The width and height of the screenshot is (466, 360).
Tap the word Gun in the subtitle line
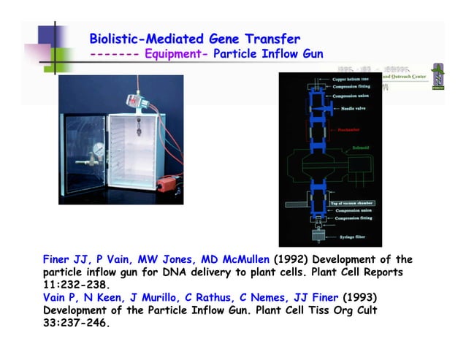click(311, 53)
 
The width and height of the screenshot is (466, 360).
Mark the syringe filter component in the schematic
click(319, 237)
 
